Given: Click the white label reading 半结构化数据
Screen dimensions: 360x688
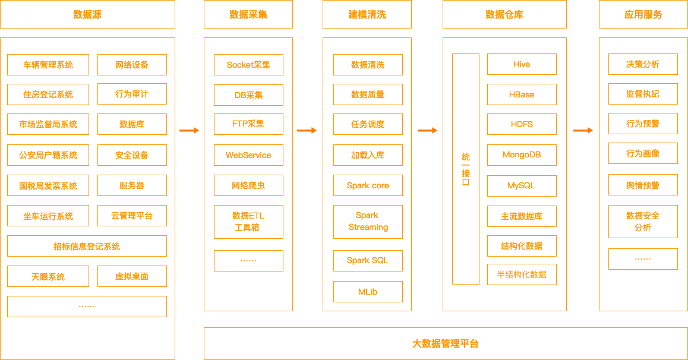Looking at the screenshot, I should pos(521,274).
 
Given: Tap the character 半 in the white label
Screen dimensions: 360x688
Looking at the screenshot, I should pos(501,274).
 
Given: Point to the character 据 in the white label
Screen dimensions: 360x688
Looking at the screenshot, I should pos(542,274).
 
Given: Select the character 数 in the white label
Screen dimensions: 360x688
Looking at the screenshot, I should pos(534,274).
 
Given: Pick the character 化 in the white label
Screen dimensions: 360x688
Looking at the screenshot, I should pos(526,274).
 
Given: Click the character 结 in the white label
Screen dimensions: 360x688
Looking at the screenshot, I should pos(509,274).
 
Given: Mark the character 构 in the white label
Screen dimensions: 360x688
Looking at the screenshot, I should pos(517,274).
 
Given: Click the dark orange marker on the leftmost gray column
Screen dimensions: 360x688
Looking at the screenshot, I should pos(189,130).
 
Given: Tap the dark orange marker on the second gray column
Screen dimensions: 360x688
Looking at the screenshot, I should pos(307,130).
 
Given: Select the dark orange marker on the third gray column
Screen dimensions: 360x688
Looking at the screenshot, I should pos(427,130).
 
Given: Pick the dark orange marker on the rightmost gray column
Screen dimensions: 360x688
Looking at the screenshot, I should pos(583,130).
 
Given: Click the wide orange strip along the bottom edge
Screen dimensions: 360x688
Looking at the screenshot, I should pos(446,343).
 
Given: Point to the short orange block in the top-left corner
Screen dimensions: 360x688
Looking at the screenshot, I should pos(87,14).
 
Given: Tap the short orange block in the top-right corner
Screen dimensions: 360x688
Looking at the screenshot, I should pos(643,14).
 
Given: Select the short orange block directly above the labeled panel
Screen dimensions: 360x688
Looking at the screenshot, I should pos(504,14).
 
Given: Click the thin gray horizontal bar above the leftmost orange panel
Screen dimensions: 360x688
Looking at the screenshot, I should pos(87,33).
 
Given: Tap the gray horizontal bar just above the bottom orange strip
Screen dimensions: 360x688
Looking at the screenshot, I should pos(446,319).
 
